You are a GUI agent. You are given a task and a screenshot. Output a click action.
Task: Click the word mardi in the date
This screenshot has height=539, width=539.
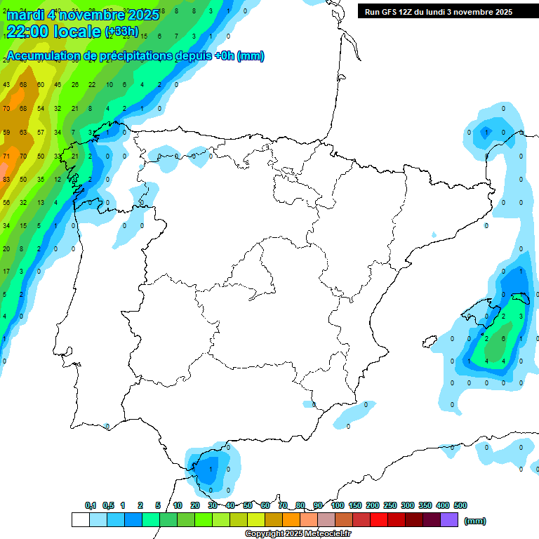(26, 15)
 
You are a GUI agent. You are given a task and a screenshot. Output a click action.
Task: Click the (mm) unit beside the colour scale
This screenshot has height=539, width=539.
(475, 521)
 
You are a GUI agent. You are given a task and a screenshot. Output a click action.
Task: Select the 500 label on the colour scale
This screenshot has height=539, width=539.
(460, 505)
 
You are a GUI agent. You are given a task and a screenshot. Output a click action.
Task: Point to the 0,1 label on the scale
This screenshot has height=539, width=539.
(91, 505)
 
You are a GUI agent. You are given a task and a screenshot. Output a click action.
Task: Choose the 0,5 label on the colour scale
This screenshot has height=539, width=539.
(108, 505)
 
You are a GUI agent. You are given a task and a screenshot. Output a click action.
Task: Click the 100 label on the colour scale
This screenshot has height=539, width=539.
(337, 505)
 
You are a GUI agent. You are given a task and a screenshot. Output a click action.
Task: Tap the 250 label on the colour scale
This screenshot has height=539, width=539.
(390, 505)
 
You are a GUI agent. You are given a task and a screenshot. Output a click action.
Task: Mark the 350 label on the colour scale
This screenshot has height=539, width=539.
(425, 505)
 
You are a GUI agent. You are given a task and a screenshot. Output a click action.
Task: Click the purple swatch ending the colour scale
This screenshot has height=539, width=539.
(450, 520)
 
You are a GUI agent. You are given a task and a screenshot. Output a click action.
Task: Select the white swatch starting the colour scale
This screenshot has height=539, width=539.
(81, 520)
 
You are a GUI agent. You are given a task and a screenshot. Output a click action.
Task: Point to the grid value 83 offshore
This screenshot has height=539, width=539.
(6, 180)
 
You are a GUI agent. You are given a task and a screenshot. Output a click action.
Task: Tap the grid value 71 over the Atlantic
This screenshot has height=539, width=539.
(6, 156)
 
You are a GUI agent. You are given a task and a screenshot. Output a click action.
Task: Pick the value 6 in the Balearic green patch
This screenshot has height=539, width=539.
(504, 338)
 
